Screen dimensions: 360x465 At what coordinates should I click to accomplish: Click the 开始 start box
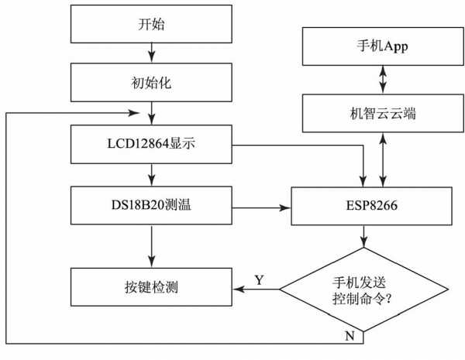[x=151, y=24]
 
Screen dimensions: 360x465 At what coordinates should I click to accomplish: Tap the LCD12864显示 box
[x=151, y=144]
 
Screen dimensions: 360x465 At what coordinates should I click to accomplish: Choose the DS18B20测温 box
[x=151, y=207]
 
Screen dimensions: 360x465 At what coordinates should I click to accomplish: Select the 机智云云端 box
[x=377, y=112]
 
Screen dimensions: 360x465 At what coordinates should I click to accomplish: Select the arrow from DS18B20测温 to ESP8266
[x=260, y=207]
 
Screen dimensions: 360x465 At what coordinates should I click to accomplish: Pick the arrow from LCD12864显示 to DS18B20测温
[x=151, y=174]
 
